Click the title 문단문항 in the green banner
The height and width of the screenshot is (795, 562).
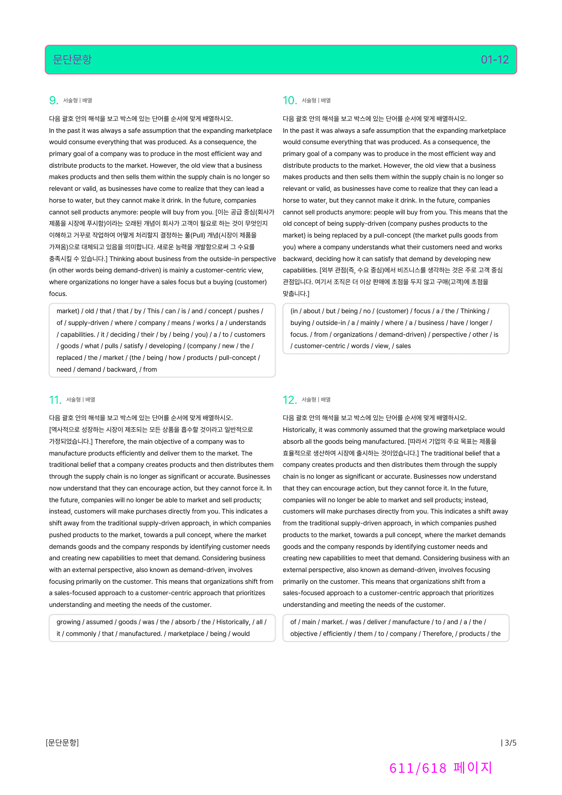(x=72, y=59)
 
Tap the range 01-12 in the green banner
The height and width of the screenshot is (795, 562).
(x=494, y=59)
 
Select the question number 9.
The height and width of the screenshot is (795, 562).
(x=53, y=101)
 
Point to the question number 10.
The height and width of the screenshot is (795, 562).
(x=289, y=101)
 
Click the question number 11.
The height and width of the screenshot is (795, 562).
(x=54, y=400)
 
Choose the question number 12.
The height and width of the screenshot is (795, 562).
(x=289, y=400)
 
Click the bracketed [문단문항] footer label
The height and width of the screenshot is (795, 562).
(x=62, y=742)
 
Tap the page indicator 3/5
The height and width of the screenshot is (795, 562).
(x=509, y=742)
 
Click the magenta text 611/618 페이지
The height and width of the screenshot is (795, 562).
(x=441, y=768)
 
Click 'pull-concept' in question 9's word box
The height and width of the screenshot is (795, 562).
(x=237, y=358)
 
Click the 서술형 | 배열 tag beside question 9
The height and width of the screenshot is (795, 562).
(x=78, y=101)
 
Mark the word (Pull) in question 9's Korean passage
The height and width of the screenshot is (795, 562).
(x=197, y=235)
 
